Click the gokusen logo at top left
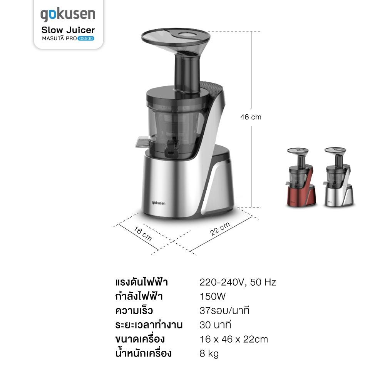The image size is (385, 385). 68,15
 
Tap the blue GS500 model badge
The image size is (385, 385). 86,38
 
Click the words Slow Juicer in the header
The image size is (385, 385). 68,30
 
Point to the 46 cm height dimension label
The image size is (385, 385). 251,117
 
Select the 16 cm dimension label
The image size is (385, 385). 143,234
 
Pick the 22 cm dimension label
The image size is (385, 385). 220,229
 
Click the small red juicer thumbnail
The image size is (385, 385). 301,177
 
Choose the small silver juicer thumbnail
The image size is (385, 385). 339,177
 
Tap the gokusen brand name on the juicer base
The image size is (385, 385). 158,203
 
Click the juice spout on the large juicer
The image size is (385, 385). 143,142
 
